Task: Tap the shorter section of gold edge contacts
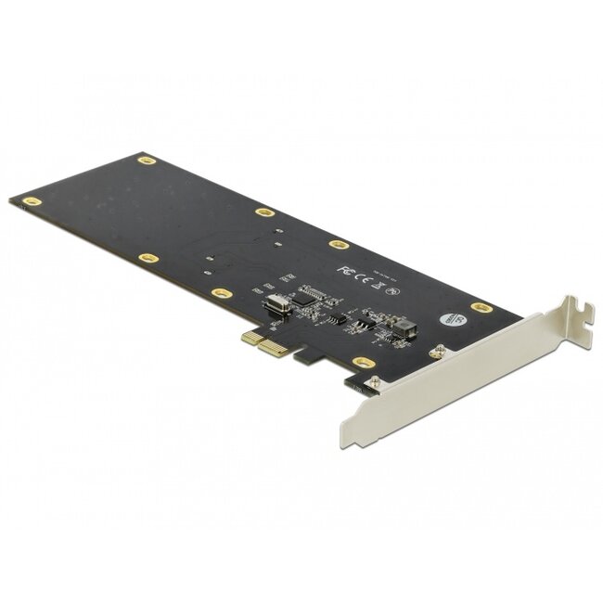250,340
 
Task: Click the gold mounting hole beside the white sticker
481,307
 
